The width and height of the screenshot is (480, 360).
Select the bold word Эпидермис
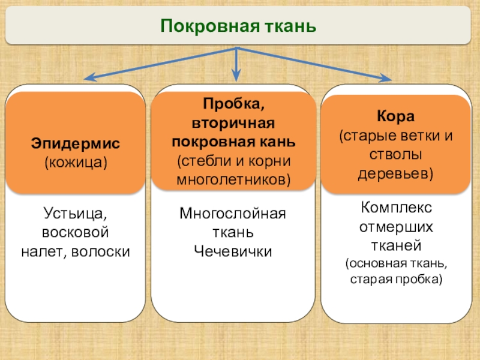click(x=76, y=144)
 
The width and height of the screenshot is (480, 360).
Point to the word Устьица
click(x=76, y=213)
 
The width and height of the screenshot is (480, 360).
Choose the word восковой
click(x=76, y=232)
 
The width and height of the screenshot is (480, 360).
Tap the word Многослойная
click(x=233, y=213)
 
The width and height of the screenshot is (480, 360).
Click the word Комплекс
click(x=395, y=208)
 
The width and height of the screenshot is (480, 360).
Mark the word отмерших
click(x=395, y=227)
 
